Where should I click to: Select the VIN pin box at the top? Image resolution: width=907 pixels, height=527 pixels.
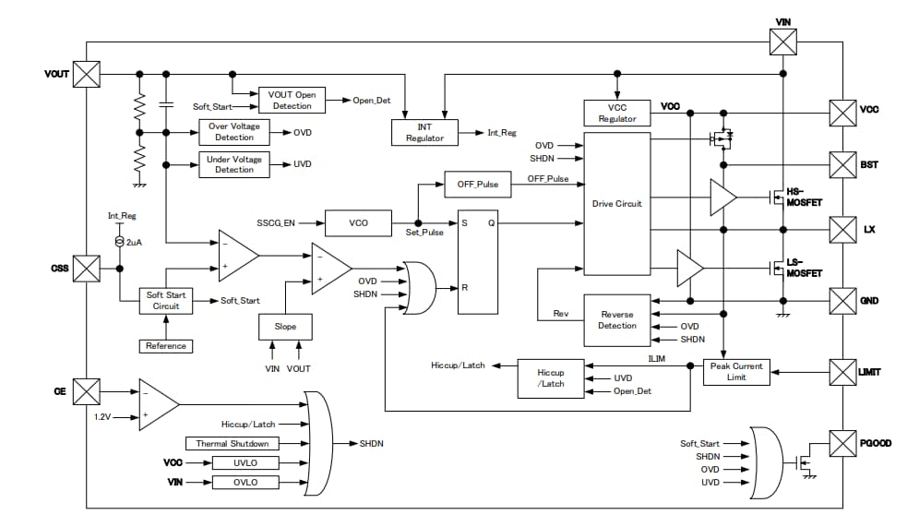tap(782, 41)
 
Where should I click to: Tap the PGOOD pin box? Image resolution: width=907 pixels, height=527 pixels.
tap(843, 443)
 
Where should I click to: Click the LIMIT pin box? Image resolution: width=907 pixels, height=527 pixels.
tap(843, 372)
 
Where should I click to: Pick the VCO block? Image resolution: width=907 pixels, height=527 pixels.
tap(358, 222)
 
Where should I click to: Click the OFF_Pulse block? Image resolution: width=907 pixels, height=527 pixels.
tap(477, 184)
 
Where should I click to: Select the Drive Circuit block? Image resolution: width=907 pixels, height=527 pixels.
tap(617, 203)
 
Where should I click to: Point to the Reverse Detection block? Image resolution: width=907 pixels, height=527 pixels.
tap(617, 319)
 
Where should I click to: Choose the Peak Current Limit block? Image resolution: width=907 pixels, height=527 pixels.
tap(734, 372)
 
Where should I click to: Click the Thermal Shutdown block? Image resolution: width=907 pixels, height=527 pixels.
tap(232, 444)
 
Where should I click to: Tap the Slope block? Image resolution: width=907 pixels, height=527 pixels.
tap(285, 327)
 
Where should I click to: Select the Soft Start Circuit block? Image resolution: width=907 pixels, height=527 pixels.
tap(166, 300)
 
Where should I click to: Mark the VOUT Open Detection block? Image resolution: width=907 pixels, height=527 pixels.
tap(292, 100)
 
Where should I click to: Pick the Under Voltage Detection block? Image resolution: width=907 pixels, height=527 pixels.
tap(234, 164)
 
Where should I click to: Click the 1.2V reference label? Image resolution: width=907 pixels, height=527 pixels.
tap(105, 416)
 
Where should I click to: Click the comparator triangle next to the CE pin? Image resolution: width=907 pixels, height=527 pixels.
tap(156, 402)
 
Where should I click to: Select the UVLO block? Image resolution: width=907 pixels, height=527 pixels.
tap(245, 462)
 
